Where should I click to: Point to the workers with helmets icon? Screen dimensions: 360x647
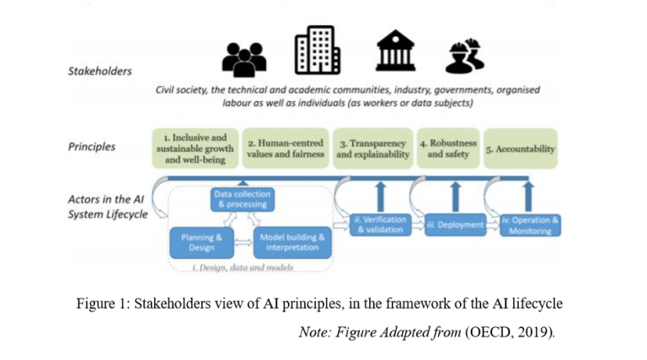click(x=463, y=55)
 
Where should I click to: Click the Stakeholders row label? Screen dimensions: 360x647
click(x=99, y=72)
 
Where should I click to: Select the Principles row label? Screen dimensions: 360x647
click(x=92, y=146)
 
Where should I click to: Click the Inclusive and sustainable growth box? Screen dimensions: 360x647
click(x=195, y=148)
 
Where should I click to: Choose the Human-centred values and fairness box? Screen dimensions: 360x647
click(x=286, y=148)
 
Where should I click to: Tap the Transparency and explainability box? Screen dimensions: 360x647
click(x=372, y=148)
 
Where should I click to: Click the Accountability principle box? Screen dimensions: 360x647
click(x=521, y=149)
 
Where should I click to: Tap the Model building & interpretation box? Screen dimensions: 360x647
click(x=291, y=242)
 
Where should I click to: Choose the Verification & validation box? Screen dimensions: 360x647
click(x=379, y=224)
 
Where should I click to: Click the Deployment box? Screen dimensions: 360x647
click(x=454, y=225)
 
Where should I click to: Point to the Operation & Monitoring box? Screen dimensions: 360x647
click(x=530, y=225)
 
